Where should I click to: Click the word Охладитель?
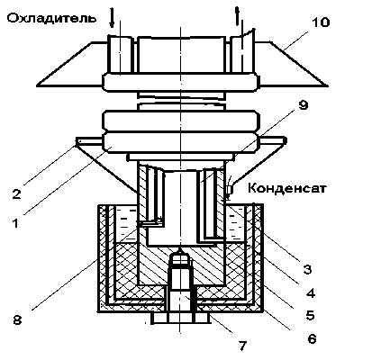tap(51, 19)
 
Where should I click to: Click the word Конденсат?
tap(287, 188)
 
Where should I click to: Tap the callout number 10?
tap(321, 22)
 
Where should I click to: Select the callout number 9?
tap(304, 105)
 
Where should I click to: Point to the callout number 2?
tap(16, 194)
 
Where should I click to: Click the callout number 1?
tap(15, 223)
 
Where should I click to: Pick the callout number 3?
tap(307, 269)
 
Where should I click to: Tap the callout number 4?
tap(311, 292)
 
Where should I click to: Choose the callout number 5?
tap(310, 315)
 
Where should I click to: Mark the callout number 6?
tap(313, 338)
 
